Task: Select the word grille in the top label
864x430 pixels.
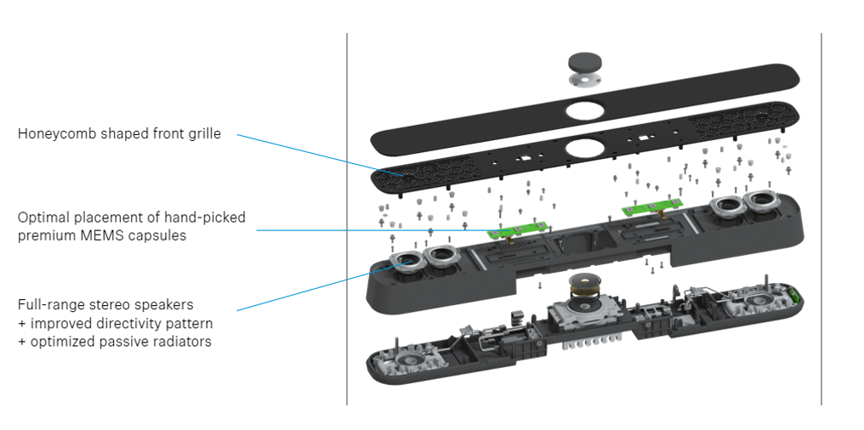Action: (203, 133)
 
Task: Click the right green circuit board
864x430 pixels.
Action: (653, 207)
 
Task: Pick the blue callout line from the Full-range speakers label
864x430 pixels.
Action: (315, 287)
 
